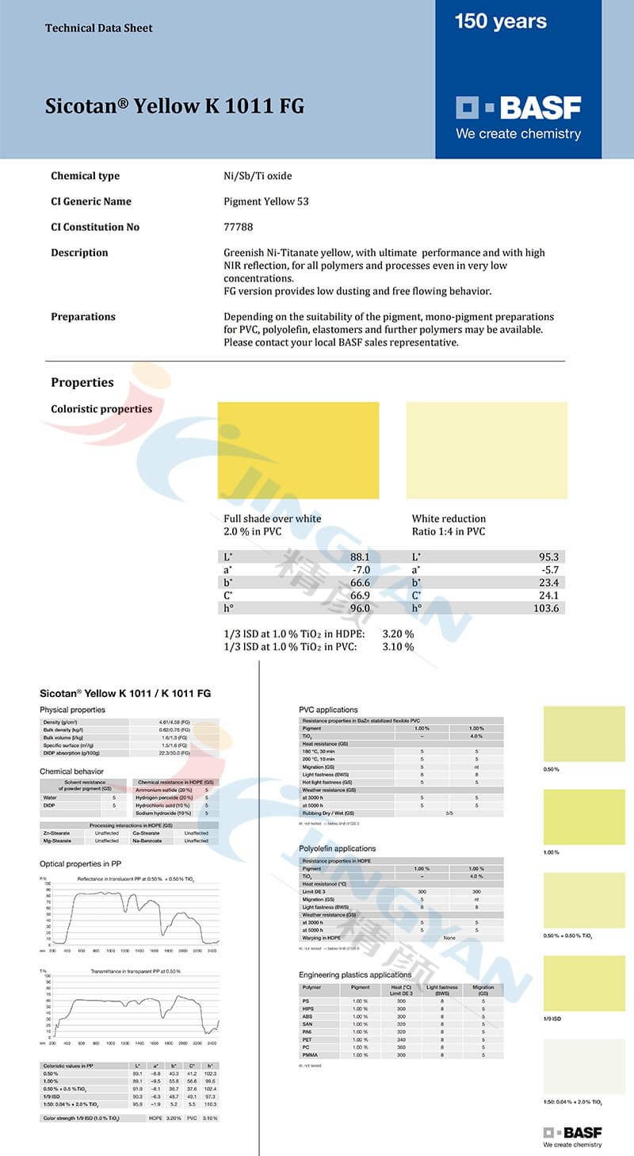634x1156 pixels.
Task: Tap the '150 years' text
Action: (x=500, y=22)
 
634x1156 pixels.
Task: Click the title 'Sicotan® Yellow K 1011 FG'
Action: (x=174, y=106)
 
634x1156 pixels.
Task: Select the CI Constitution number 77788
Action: (x=239, y=227)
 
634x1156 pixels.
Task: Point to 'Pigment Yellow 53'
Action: (x=266, y=201)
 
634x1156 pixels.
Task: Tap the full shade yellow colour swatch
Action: (x=298, y=450)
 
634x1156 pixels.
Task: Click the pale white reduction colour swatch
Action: (x=487, y=450)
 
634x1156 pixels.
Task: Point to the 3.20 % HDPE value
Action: (x=398, y=634)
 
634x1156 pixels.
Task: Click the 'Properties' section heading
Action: (x=82, y=382)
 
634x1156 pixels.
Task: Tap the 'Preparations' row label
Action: (x=83, y=316)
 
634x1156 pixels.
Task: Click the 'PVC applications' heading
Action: (x=328, y=710)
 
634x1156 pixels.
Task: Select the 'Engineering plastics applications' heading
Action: (x=355, y=974)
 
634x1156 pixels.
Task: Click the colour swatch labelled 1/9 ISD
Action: (x=584, y=983)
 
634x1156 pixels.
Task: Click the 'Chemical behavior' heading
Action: (x=71, y=771)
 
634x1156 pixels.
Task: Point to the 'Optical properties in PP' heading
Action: (x=80, y=863)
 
